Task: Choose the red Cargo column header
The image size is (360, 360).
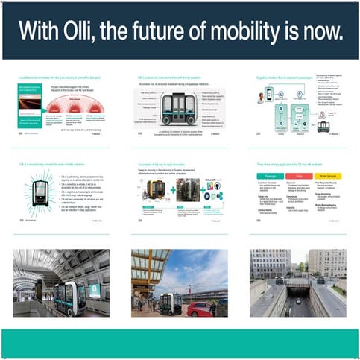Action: [298, 176]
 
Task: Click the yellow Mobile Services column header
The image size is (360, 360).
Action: [328, 176]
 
